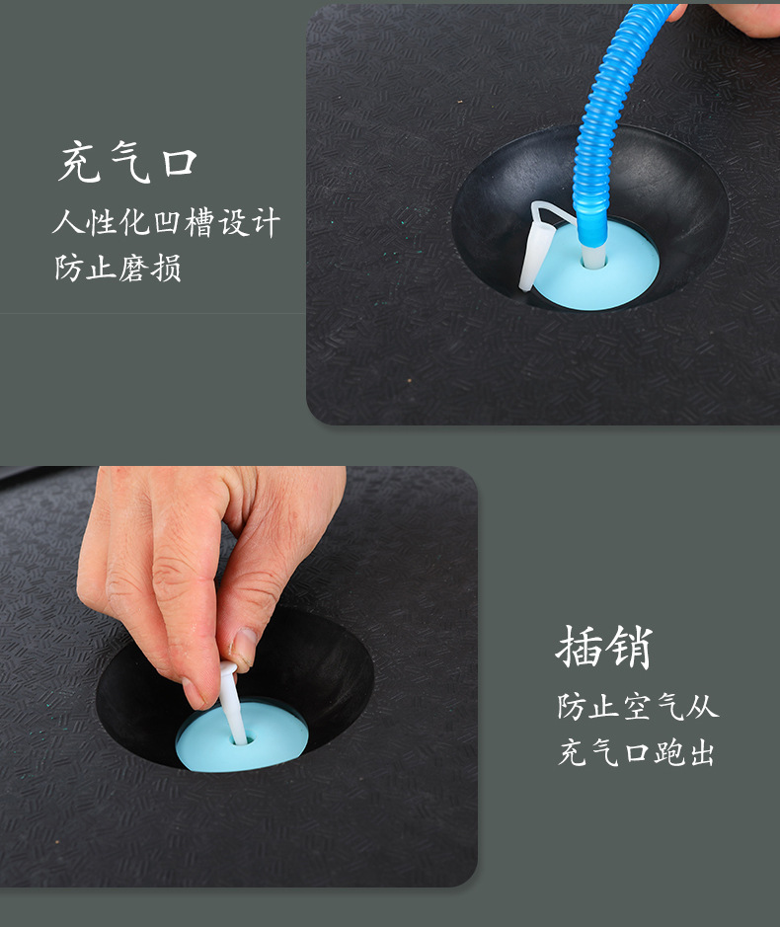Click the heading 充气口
coord(127,162)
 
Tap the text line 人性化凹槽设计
coord(166,223)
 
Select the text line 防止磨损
coord(117,268)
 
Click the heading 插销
coord(604,647)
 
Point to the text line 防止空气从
coord(638,707)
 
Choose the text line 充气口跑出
coord(637,753)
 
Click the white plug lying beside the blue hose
coord(534,247)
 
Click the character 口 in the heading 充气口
coord(181,163)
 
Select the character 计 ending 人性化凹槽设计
coord(264,223)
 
